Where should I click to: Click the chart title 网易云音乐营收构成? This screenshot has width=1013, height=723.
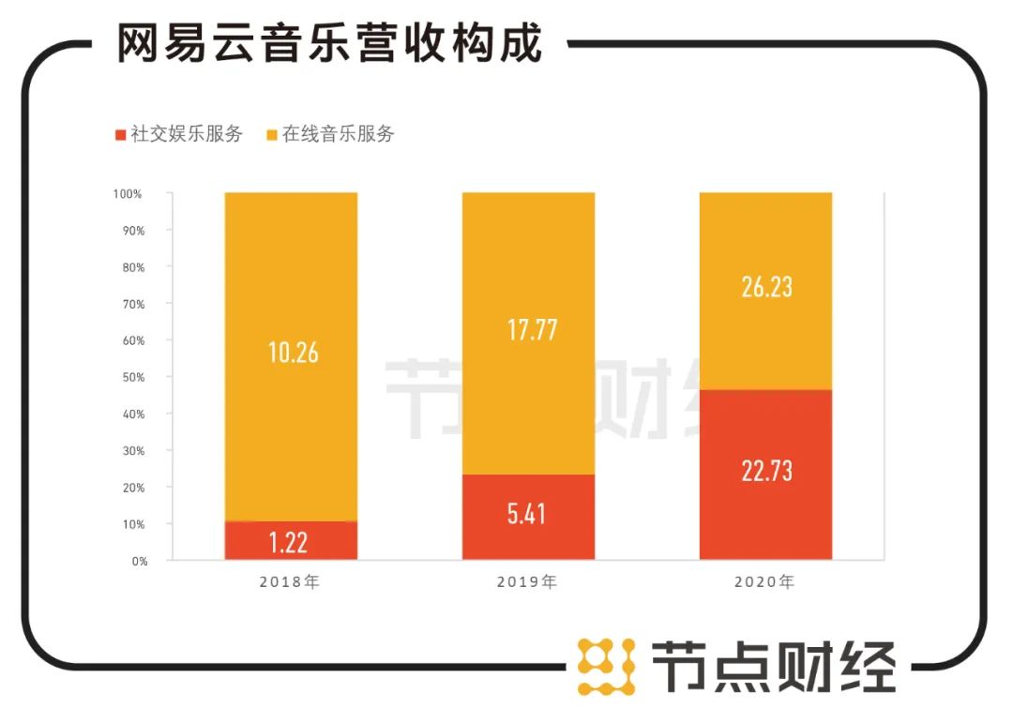pyautogui.click(x=329, y=44)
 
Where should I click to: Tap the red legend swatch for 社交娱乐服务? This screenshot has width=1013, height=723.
pyautogui.click(x=119, y=134)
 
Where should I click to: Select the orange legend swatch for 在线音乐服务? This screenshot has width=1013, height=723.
pyautogui.click(x=272, y=134)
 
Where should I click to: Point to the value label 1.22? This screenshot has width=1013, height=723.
pyautogui.click(x=291, y=542)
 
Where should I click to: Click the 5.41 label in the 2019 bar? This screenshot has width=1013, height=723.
pyautogui.click(x=528, y=514)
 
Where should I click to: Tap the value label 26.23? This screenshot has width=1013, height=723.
pyautogui.click(x=765, y=287)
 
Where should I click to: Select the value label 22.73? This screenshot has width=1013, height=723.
pyautogui.click(x=765, y=471)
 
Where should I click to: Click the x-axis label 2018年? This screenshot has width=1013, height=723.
pyautogui.click(x=291, y=582)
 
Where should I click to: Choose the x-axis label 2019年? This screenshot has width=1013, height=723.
pyautogui.click(x=528, y=582)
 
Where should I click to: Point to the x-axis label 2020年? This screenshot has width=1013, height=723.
pyautogui.click(x=765, y=582)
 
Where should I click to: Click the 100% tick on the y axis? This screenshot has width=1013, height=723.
pyautogui.click(x=128, y=194)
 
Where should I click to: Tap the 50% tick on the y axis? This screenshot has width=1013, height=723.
pyautogui.click(x=131, y=377)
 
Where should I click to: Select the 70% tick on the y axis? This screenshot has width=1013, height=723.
pyautogui.click(x=131, y=304)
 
